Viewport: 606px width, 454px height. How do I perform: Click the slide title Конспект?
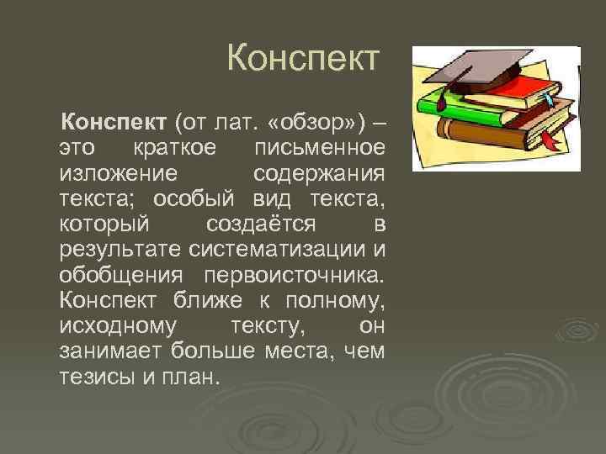(x=304, y=60)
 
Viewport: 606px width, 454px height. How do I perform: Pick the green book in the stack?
(x=454, y=105)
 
